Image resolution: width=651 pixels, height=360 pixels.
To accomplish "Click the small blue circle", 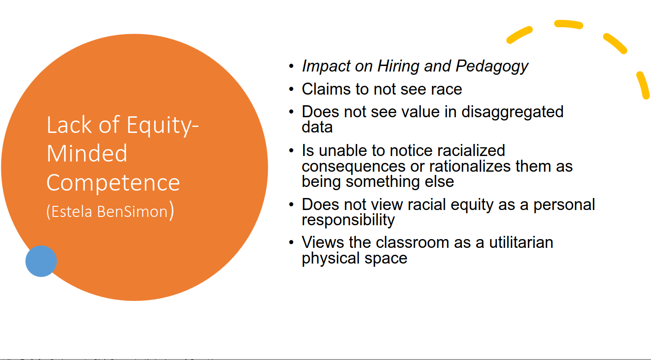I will pos(41,261).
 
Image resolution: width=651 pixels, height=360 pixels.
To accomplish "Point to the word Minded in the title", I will pos(87,153).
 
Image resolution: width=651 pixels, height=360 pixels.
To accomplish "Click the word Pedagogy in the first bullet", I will pos(492,66).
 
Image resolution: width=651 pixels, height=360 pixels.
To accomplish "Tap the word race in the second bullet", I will pos(444,89).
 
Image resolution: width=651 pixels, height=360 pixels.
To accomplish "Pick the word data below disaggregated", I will pos(317,127).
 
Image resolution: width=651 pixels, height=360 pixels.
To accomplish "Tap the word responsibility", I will pos(348,220).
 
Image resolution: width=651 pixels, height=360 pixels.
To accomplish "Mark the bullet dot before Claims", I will pos(291,89).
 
